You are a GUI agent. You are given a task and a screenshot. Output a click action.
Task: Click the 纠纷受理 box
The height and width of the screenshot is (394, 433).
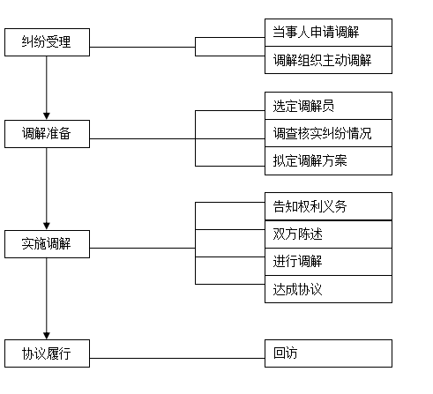(47, 42)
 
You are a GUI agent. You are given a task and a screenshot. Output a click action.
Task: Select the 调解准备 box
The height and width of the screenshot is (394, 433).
(47, 134)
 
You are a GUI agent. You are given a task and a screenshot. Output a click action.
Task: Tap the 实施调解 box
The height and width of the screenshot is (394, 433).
(47, 244)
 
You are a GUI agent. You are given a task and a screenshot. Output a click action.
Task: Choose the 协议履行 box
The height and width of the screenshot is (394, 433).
(47, 353)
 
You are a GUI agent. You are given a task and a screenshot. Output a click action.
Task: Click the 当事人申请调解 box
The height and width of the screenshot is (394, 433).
(328, 33)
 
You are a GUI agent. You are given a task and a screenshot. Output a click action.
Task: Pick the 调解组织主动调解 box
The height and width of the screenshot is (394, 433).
(328, 60)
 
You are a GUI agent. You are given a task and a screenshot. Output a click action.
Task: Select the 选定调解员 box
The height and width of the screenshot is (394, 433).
(328, 106)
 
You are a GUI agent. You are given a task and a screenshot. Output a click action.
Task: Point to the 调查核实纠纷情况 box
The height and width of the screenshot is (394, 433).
(328, 133)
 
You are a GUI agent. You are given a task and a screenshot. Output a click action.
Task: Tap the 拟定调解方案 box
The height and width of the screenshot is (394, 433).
(328, 161)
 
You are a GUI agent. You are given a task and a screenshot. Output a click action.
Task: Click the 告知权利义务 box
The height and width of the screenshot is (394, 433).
(328, 206)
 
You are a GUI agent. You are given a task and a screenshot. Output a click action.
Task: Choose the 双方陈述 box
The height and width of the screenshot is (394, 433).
(328, 234)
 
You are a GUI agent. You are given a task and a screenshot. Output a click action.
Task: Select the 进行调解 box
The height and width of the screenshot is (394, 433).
(328, 262)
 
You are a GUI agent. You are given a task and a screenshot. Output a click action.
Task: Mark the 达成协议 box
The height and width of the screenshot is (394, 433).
(328, 289)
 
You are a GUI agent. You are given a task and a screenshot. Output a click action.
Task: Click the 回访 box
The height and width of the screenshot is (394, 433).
(328, 353)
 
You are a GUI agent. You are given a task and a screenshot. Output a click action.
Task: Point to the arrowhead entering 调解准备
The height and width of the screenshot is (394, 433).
(47, 116)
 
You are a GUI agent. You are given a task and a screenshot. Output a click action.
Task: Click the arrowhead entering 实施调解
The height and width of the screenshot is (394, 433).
(47, 227)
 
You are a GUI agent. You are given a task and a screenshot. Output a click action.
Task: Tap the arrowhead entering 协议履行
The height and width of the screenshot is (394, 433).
(47, 336)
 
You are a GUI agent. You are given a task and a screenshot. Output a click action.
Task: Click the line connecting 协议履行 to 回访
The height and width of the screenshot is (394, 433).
(177, 358)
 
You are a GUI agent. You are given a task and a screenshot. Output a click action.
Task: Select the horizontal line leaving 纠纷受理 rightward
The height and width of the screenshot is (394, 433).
(143, 47)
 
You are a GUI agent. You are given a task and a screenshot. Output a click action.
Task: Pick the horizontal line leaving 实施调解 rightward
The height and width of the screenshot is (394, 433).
(143, 248)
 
